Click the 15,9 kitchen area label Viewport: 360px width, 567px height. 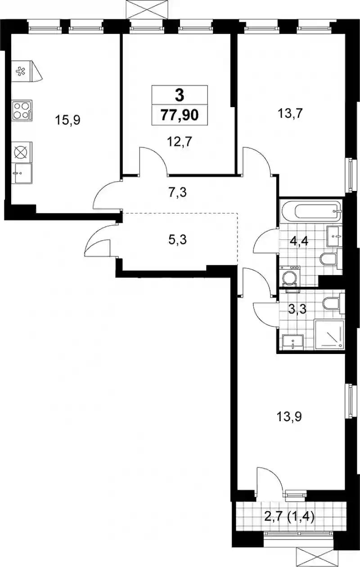coord(67,120)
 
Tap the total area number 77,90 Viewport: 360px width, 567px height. coord(180,115)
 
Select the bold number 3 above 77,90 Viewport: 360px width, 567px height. coord(180,95)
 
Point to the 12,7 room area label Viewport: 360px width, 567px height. coord(180,142)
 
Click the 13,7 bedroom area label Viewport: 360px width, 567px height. coord(290,113)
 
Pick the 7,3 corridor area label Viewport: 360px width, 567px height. coord(178,192)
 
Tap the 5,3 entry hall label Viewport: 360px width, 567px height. coord(178,240)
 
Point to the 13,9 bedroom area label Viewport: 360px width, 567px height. coord(290,424)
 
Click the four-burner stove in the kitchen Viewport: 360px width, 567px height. coord(22,111)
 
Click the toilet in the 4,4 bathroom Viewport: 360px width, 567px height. coord(331,259)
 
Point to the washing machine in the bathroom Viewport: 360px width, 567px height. coord(290,277)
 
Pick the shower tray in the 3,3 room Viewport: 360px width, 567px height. coord(329,335)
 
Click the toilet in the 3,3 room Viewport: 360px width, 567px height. coord(334,304)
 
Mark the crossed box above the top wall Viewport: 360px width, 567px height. coord(148,9)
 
